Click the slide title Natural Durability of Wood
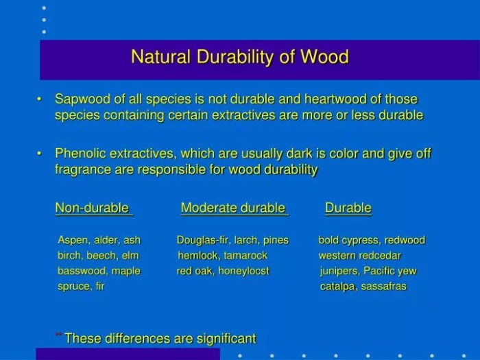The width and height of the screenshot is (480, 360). [239, 56]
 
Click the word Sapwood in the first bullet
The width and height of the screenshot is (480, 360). [80, 100]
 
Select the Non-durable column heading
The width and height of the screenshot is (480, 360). [92, 208]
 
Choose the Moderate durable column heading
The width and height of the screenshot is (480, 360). [232, 208]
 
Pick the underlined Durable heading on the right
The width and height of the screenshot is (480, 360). [348, 208]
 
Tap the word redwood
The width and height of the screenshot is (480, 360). [405, 240]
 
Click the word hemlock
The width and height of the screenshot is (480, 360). [198, 255]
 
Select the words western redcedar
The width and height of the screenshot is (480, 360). [359, 255]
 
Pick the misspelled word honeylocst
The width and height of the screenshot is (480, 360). [243, 271]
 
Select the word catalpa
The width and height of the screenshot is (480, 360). [337, 286]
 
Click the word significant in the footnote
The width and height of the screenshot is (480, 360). [224, 338]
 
